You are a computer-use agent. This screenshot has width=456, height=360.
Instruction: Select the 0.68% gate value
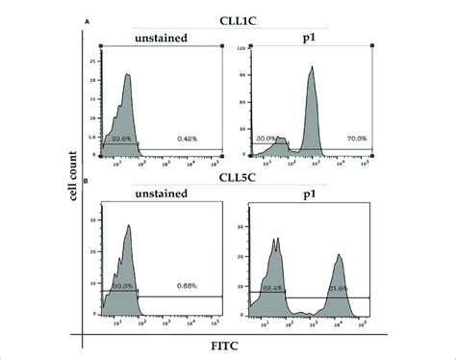[x=187, y=285]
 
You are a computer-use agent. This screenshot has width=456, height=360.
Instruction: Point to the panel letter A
[x=88, y=17]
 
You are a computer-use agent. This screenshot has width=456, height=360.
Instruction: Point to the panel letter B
[x=88, y=179]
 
